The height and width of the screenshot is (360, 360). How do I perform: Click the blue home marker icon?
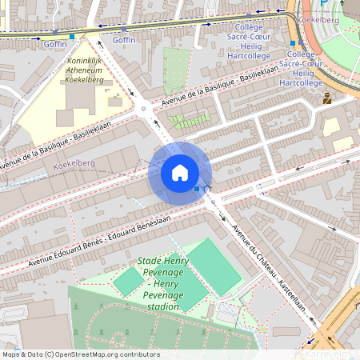pyautogui.click(x=180, y=172)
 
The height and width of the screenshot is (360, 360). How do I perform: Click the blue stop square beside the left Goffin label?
pyautogui.click(x=73, y=37)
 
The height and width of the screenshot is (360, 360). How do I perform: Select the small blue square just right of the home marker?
pyautogui.click(x=198, y=189)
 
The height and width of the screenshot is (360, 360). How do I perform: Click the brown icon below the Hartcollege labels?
pyautogui.click(x=327, y=99)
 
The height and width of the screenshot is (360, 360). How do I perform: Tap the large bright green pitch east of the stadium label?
pyautogui.click(x=213, y=266)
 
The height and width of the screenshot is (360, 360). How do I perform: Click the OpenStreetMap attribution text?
pyautogui.click(x=81, y=354)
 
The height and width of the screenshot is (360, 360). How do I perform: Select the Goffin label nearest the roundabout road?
pyautogui.click(x=124, y=39)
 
